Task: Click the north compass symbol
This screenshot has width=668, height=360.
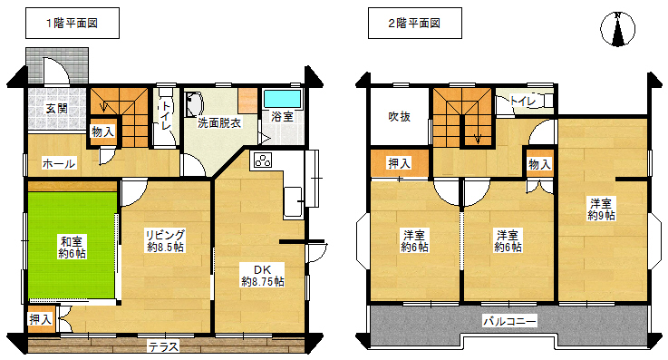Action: point(618,29)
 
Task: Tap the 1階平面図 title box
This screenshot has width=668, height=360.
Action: point(73,23)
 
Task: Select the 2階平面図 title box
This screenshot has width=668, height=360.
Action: point(415,23)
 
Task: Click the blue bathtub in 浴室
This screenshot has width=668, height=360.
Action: point(282,99)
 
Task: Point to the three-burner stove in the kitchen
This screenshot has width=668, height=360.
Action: point(263,161)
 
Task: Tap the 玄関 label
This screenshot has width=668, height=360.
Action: point(57,109)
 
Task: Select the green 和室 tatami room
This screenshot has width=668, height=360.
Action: point(73,245)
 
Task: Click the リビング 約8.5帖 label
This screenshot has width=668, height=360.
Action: point(166,240)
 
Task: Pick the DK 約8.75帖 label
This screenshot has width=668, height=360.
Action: point(263,276)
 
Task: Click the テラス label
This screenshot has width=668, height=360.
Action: point(163,346)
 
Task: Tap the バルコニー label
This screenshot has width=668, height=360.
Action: point(509,321)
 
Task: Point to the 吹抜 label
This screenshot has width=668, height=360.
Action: point(399,116)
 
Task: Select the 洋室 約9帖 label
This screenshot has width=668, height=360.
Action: point(601,209)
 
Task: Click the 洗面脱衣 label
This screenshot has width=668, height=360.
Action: point(219,123)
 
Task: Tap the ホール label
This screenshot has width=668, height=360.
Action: point(59,163)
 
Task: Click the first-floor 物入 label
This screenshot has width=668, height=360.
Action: point(103,132)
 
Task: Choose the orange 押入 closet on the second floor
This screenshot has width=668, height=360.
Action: point(399,162)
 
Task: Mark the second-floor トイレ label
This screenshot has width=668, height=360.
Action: point(522,102)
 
